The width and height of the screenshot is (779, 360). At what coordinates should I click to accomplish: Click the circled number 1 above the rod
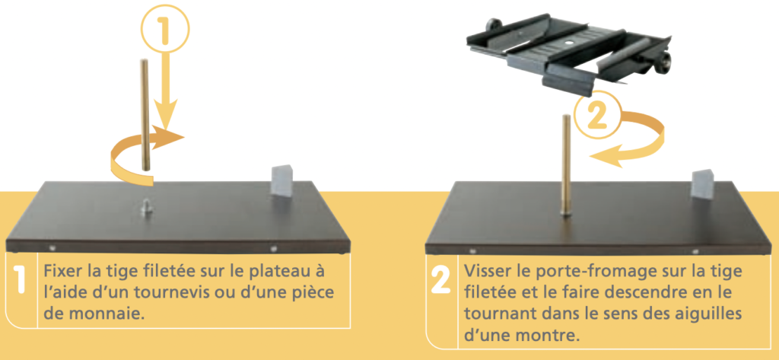pos(165,30)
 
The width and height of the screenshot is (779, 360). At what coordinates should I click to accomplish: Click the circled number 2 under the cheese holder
pos(598,116)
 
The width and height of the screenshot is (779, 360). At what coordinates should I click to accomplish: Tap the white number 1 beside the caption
pos(21,281)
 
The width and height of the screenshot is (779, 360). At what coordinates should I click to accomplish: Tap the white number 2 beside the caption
pos(440,281)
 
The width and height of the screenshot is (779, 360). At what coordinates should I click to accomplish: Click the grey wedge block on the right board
pos(703,185)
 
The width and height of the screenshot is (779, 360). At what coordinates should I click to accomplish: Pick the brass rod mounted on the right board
pos(566,165)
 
